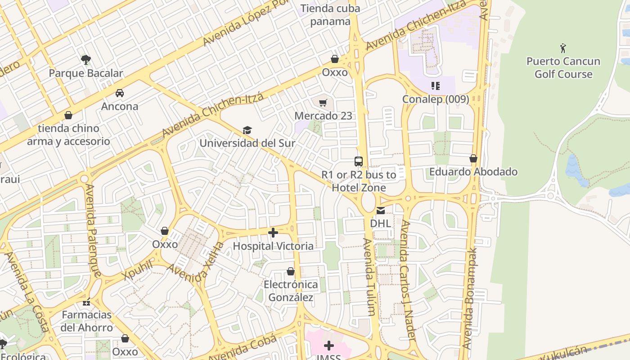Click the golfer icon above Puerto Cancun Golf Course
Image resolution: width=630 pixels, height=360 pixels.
pos(563,48)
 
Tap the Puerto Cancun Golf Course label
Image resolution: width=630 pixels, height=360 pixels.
pos(563,67)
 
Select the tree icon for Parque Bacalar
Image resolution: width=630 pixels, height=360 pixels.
pos(85,59)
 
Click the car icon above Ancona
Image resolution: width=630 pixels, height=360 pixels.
pos(120,93)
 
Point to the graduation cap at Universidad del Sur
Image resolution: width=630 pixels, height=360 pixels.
pos(247,130)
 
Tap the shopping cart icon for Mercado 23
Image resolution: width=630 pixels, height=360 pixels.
pos(323,103)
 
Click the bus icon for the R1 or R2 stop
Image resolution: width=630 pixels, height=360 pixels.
pos(359,162)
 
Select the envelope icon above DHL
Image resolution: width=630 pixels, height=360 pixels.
pos(380,210)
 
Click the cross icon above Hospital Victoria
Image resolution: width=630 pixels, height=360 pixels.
pos(273,233)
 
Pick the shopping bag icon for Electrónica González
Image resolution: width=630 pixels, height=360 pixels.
pos(291,271)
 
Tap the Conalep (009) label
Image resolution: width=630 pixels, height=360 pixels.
pos(435,99)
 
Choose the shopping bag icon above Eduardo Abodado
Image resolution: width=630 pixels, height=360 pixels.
pos(473,158)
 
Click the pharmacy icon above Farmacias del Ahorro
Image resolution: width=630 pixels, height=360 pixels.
pos(86,301)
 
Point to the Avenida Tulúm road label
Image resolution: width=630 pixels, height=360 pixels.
pos(369,277)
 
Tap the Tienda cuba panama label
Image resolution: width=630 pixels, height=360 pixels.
pos(330,15)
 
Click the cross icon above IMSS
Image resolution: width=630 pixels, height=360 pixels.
pos(329,346)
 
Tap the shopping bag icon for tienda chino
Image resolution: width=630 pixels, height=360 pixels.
pos(68,115)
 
